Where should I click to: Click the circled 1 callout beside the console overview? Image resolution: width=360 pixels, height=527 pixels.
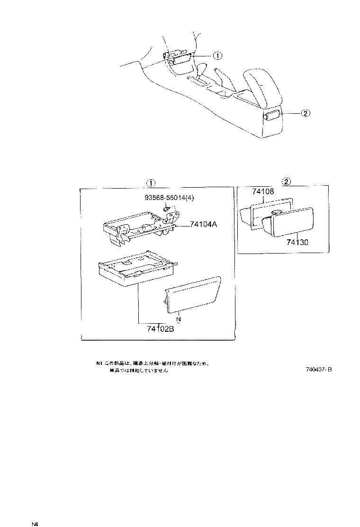pos(217,55)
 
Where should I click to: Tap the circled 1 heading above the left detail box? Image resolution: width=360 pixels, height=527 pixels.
pos(149,183)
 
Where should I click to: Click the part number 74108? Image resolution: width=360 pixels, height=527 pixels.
pos(263,192)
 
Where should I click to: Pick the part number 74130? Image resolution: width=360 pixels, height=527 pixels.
pos(297,242)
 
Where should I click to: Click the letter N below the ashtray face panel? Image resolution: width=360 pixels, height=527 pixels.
pos(179,319)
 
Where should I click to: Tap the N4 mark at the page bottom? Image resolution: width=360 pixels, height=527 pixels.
pos(35,524)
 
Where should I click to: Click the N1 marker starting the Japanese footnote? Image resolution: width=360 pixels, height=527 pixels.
pos(99,363)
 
